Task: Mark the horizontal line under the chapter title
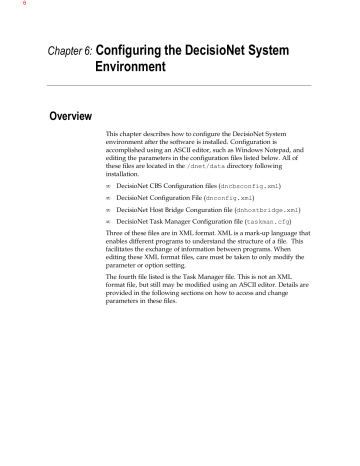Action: point(179,94)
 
